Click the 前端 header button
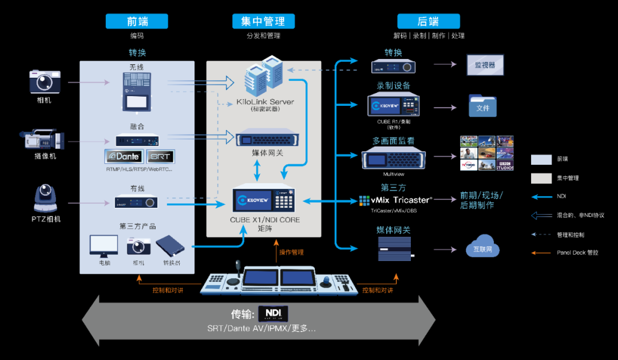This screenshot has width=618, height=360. click(137, 22)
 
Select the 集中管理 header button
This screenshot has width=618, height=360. click(263, 22)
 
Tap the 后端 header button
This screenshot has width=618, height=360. click(428, 22)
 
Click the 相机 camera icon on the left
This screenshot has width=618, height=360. click(45, 81)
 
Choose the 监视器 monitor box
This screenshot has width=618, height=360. click(485, 65)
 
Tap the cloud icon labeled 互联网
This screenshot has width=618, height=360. click(482, 247)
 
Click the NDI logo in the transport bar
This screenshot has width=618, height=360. click(273, 314)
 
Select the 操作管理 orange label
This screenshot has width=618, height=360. click(291, 252)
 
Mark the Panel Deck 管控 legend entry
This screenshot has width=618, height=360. click(577, 252)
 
